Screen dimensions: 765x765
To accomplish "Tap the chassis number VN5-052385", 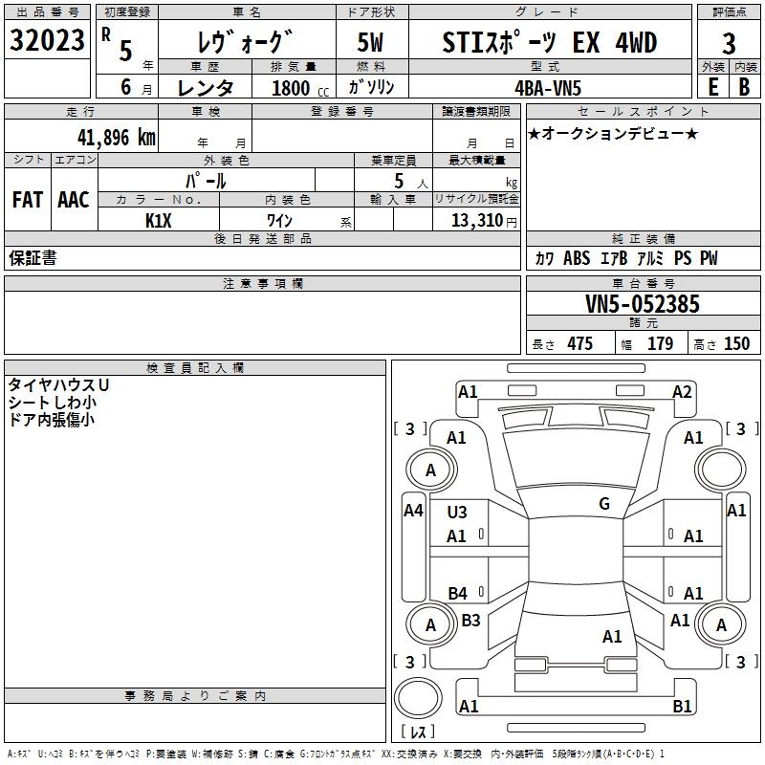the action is click(x=643, y=305).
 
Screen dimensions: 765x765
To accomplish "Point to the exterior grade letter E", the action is click(x=712, y=86).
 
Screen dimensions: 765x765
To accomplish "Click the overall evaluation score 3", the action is click(x=729, y=43).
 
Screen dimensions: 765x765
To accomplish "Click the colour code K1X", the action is click(x=159, y=220).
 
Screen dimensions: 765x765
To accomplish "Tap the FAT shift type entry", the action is click(x=28, y=200).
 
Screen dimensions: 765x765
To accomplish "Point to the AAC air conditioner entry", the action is click(x=74, y=200).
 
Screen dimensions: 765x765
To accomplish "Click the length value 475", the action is click(x=579, y=344).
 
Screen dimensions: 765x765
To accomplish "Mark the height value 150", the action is click(x=736, y=344).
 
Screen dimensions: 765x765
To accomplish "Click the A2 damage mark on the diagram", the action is click(x=682, y=391).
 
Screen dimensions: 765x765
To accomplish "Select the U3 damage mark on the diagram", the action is click(x=457, y=513).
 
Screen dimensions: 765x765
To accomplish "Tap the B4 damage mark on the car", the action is click(x=458, y=594).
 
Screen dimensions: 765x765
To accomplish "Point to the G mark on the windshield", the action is click(x=604, y=504).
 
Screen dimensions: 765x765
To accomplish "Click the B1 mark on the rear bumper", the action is click(x=682, y=707).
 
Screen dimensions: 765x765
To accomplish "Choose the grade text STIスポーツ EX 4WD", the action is click(x=550, y=42).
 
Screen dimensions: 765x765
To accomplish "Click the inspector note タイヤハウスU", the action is click(x=59, y=384).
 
